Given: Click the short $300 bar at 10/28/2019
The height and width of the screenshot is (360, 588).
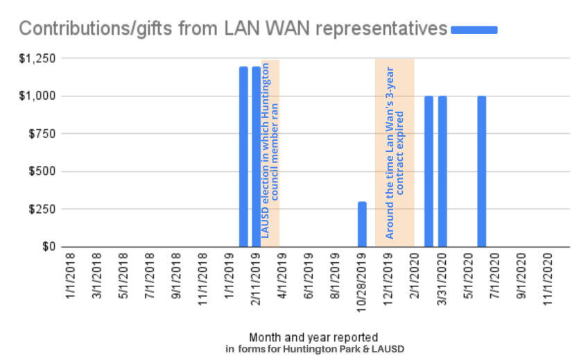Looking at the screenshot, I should point(362,224).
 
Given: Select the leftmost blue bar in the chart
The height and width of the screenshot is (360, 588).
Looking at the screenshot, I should point(243,156).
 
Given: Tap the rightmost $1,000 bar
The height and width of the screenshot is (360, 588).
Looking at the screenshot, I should point(481,171).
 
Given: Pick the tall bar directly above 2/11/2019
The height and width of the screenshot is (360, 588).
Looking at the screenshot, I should point(257,156).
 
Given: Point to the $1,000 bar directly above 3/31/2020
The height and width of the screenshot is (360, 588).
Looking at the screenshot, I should point(442,171).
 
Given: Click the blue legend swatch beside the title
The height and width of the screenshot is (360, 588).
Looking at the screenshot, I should point(474,29).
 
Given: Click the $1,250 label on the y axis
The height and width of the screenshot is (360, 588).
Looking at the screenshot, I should point(35,58).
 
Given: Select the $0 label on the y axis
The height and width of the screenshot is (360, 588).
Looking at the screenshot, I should point(46,247).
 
